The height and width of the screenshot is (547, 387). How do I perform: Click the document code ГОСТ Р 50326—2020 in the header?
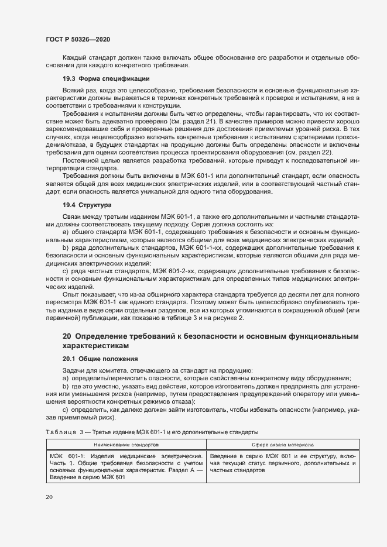point(78,39)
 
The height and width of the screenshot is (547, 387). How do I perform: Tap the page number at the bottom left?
point(49,497)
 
